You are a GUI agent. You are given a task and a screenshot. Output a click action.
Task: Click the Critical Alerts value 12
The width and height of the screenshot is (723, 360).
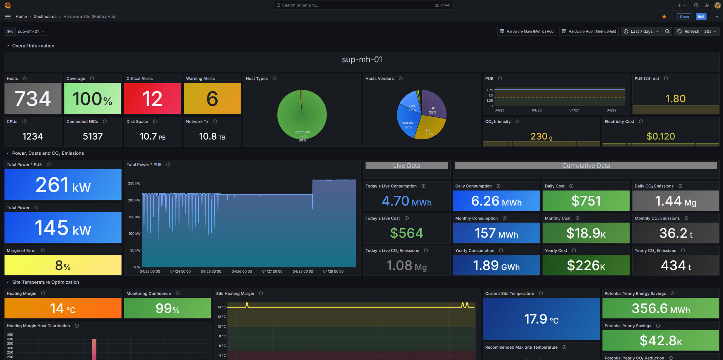point(153,99)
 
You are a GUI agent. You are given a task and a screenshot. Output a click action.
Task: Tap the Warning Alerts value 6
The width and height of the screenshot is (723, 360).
point(212,99)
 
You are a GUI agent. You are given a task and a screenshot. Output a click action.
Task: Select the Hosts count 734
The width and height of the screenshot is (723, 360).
point(33,99)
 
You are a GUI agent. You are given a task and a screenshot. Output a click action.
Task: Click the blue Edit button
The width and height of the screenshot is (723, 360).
point(701,17)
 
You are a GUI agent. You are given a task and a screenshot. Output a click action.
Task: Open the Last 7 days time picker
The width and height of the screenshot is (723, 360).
point(641,32)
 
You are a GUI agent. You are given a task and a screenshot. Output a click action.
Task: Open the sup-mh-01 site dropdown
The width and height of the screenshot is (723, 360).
point(31,32)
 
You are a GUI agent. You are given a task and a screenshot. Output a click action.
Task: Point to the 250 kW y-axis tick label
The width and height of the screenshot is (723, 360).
point(134,183)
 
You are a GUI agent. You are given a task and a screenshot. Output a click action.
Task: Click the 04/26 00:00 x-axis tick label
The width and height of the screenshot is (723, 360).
point(241,272)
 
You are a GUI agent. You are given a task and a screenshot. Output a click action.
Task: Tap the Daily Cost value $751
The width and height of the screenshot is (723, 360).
point(586,201)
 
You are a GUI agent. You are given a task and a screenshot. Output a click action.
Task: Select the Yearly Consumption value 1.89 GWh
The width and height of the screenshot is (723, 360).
point(496,265)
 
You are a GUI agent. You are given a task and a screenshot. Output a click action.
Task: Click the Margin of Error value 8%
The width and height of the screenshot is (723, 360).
point(63,265)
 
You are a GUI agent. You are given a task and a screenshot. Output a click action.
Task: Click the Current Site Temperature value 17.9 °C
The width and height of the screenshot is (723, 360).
point(541,319)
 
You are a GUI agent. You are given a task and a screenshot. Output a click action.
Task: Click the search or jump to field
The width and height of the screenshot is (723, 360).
point(358,5)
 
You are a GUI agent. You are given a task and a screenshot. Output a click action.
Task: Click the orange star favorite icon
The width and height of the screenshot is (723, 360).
point(664,17)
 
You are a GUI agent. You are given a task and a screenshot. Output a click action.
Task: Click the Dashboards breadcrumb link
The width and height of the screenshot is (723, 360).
point(45,17)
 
